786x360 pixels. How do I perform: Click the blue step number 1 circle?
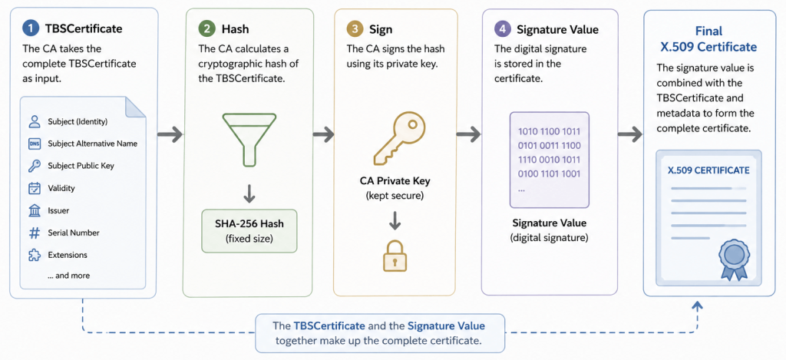point(31,28)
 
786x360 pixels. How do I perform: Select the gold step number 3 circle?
point(355,29)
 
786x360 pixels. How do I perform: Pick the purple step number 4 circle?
point(502,29)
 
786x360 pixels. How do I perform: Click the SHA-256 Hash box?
point(249,230)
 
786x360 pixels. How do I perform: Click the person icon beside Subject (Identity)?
point(34,121)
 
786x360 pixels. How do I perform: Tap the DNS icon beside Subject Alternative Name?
point(34,144)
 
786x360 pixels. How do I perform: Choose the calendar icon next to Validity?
point(34,189)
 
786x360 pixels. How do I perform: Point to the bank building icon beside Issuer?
point(34,210)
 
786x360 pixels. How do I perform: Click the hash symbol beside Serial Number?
point(34,233)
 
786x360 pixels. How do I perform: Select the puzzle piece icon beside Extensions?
point(34,255)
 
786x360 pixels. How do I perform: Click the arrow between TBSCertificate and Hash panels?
point(170,134)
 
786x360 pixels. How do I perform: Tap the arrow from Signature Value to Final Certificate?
point(630,134)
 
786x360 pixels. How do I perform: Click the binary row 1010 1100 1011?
point(549,132)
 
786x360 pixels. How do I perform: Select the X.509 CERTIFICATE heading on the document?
point(708,170)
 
